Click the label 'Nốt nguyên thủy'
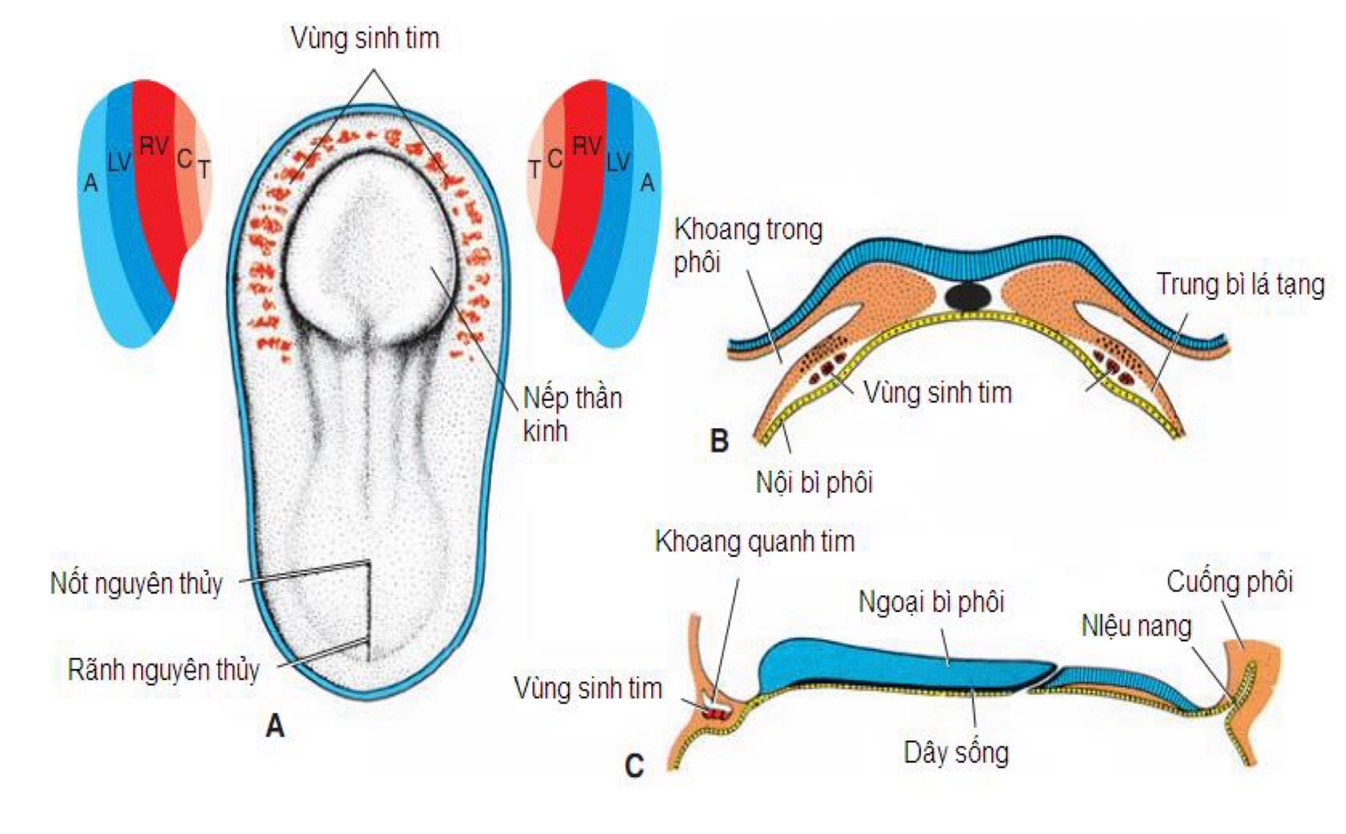point(137,583)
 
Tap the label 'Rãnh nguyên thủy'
point(164,671)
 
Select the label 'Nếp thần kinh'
point(571,414)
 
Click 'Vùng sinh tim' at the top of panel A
point(365,38)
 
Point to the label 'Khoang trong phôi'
point(747,246)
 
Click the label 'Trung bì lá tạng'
point(1239,284)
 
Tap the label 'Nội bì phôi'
point(814,481)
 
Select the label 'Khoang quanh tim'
point(754,541)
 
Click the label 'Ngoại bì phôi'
point(931,602)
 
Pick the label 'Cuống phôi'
point(1229,581)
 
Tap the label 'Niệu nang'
point(1136,625)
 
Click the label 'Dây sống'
point(956,752)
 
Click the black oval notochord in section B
point(968,296)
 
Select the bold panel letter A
point(275,726)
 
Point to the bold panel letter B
point(719,440)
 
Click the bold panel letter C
point(634,766)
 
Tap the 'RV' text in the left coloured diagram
point(153,146)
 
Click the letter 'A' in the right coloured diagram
point(648,182)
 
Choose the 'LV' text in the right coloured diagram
point(618,161)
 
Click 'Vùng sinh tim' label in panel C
point(587,688)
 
